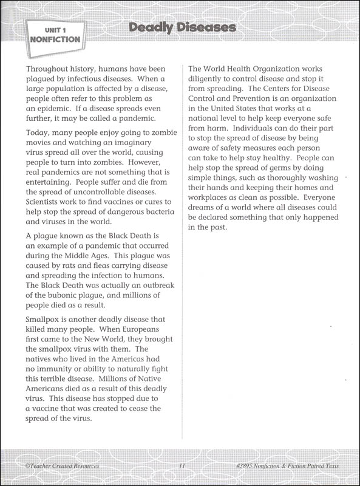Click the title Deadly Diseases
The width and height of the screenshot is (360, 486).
click(182, 28)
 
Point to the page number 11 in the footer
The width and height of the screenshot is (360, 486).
click(182, 466)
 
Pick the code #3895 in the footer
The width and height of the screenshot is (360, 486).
click(248, 466)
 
